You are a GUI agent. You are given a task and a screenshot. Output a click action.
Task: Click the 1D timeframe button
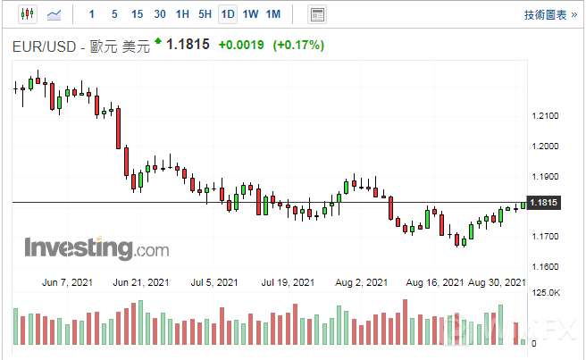[228, 14]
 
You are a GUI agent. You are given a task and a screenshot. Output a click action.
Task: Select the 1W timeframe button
[251, 14]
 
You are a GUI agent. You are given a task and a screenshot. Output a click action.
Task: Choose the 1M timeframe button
[273, 14]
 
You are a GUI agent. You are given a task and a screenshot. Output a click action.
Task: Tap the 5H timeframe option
[205, 14]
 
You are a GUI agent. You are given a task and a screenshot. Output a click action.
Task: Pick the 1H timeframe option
[182, 14]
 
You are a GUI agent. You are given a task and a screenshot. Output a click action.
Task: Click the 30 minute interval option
[160, 14]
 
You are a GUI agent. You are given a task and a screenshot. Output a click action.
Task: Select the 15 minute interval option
[137, 14]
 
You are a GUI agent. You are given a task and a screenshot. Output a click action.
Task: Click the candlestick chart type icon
[26, 14]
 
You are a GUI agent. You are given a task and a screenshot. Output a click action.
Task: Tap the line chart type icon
[54, 14]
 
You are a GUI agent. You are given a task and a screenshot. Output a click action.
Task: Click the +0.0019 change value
[240, 45]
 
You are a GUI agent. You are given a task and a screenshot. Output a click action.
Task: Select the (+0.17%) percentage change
[299, 45]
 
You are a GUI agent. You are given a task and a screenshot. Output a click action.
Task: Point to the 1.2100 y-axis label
[544, 116]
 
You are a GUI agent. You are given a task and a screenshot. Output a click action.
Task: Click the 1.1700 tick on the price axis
[544, 237]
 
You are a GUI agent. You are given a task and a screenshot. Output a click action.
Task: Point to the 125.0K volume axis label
[546, 293]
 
